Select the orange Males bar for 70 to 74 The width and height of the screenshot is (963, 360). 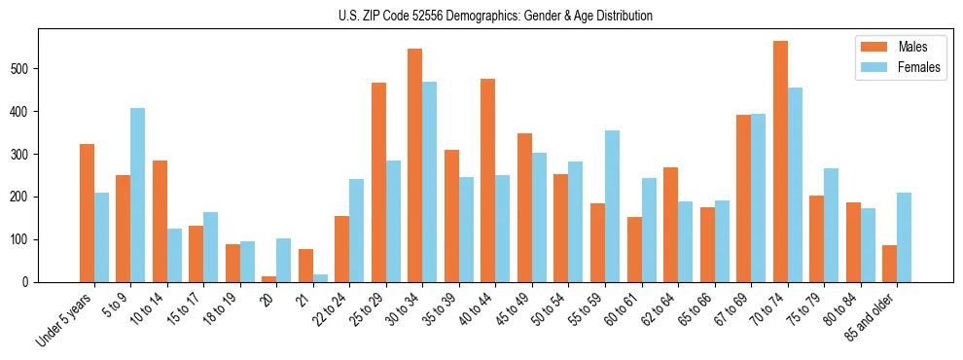pyautogui.click(x=780, y=162)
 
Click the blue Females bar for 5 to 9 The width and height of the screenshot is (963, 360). pyautogui.click(x=137, y=195)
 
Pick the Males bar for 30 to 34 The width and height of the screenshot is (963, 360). pyautogui.click(x=415, y=165)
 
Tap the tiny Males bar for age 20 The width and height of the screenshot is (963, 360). pyautogui.click(x=268, y=279)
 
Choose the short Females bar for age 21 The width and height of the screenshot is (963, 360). pyautogui.click(x=320, y=278)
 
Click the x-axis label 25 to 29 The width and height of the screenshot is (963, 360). pyautogui.click(x=367, y=309)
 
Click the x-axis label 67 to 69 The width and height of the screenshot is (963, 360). pyautogui.click(x=731, y=309)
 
